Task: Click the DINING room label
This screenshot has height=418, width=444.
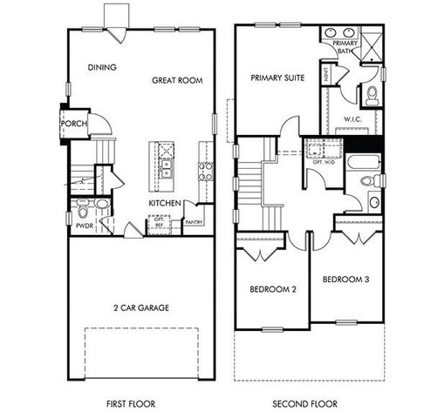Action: click(x=102, y=67)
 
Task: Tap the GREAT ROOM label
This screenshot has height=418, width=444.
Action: click(x=177, y=80)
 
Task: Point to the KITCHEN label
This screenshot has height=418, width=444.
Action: click(x=164, y=203)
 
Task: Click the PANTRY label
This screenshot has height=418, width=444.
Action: click(x=195, y=221)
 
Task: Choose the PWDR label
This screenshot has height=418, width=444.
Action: click(x=84, y=225)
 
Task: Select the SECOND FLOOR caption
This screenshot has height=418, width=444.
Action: click(x=305, y=404)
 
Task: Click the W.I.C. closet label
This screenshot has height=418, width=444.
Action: click(x=352, y=119)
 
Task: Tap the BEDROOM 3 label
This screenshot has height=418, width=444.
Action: click(x=346, y=280)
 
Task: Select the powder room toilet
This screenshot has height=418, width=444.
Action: click(x=102, y=205)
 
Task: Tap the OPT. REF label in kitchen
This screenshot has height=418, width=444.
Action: click(x=159, y=221)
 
